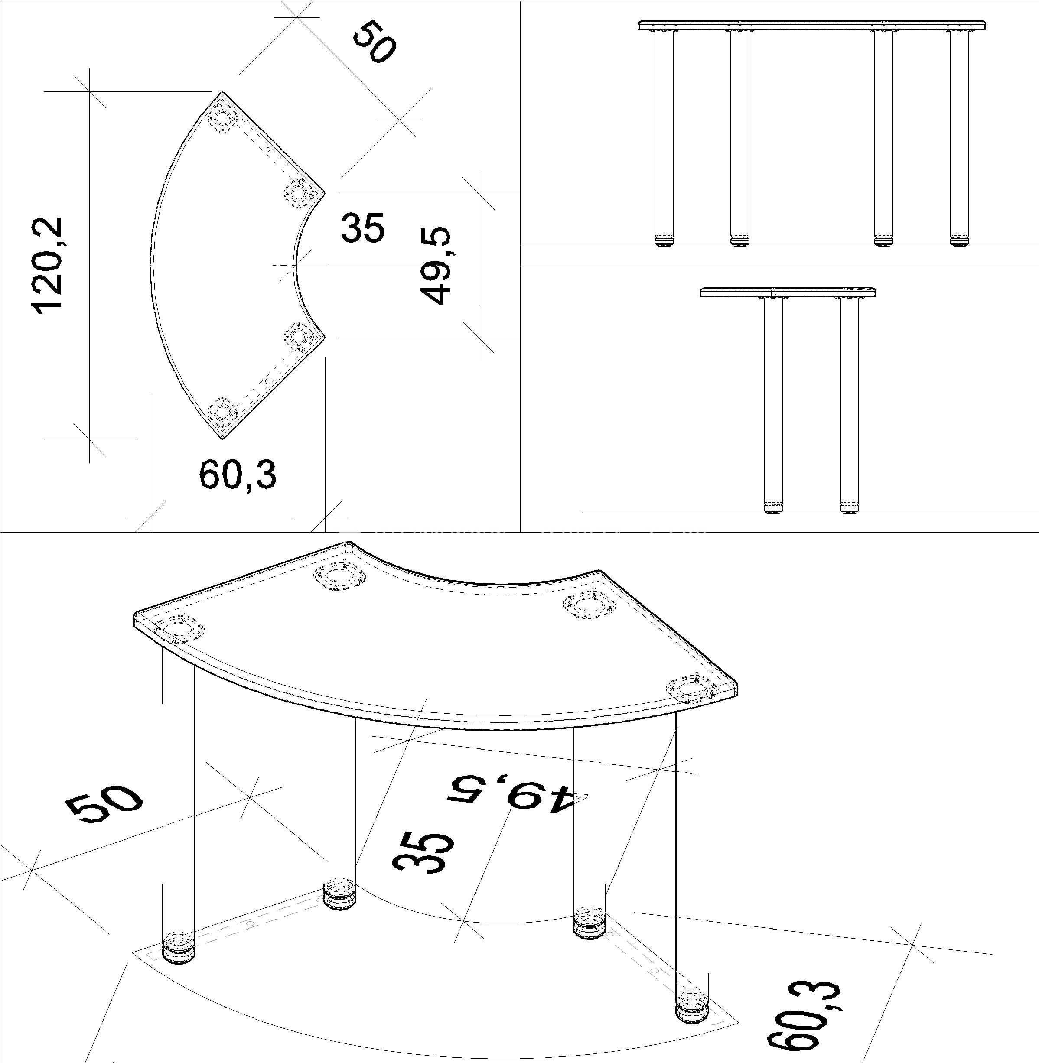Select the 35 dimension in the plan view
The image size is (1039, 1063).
[x=362, y=228]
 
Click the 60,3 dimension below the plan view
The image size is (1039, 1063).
[x=238, y=475]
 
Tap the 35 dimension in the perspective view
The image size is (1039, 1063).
[x=423, y=853]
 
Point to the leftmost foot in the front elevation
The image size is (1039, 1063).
[x=663, y=240]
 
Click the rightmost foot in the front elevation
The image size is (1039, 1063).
[x=960, y=240]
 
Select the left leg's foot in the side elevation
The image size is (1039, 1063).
[x=773, y=507]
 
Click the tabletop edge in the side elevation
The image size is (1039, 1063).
[x=788, y=293]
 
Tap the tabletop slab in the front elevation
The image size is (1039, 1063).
[x=812, y=26]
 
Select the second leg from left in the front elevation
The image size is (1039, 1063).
[x=739, y=137]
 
